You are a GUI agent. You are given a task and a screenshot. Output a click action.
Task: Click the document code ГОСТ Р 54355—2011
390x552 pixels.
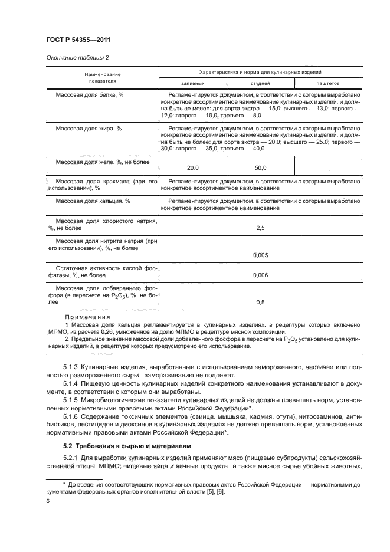78,39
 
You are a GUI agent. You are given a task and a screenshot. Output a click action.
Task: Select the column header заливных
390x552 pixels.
192,84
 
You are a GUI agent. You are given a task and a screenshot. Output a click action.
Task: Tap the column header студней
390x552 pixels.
260,84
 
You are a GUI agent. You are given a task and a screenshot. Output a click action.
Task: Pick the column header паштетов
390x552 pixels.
327,84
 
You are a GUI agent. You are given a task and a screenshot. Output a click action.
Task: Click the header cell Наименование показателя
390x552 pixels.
103,78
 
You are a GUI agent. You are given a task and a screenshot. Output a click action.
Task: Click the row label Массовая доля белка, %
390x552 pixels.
93,95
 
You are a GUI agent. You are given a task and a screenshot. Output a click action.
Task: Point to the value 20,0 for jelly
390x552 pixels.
192,167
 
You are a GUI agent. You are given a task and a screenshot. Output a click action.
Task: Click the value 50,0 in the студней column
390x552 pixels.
260,167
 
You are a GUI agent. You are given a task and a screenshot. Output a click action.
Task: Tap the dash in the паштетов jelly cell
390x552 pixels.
327,169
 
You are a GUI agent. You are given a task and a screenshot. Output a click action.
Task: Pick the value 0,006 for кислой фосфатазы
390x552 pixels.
260,275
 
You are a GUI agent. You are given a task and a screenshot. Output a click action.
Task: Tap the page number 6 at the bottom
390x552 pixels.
48,500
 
